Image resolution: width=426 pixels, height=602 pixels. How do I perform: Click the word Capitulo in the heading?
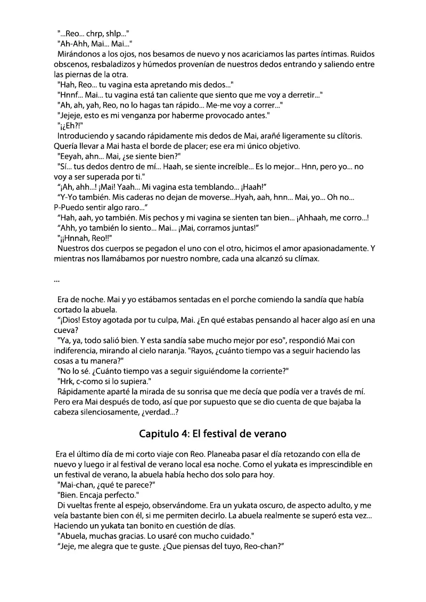click(159, 434)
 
